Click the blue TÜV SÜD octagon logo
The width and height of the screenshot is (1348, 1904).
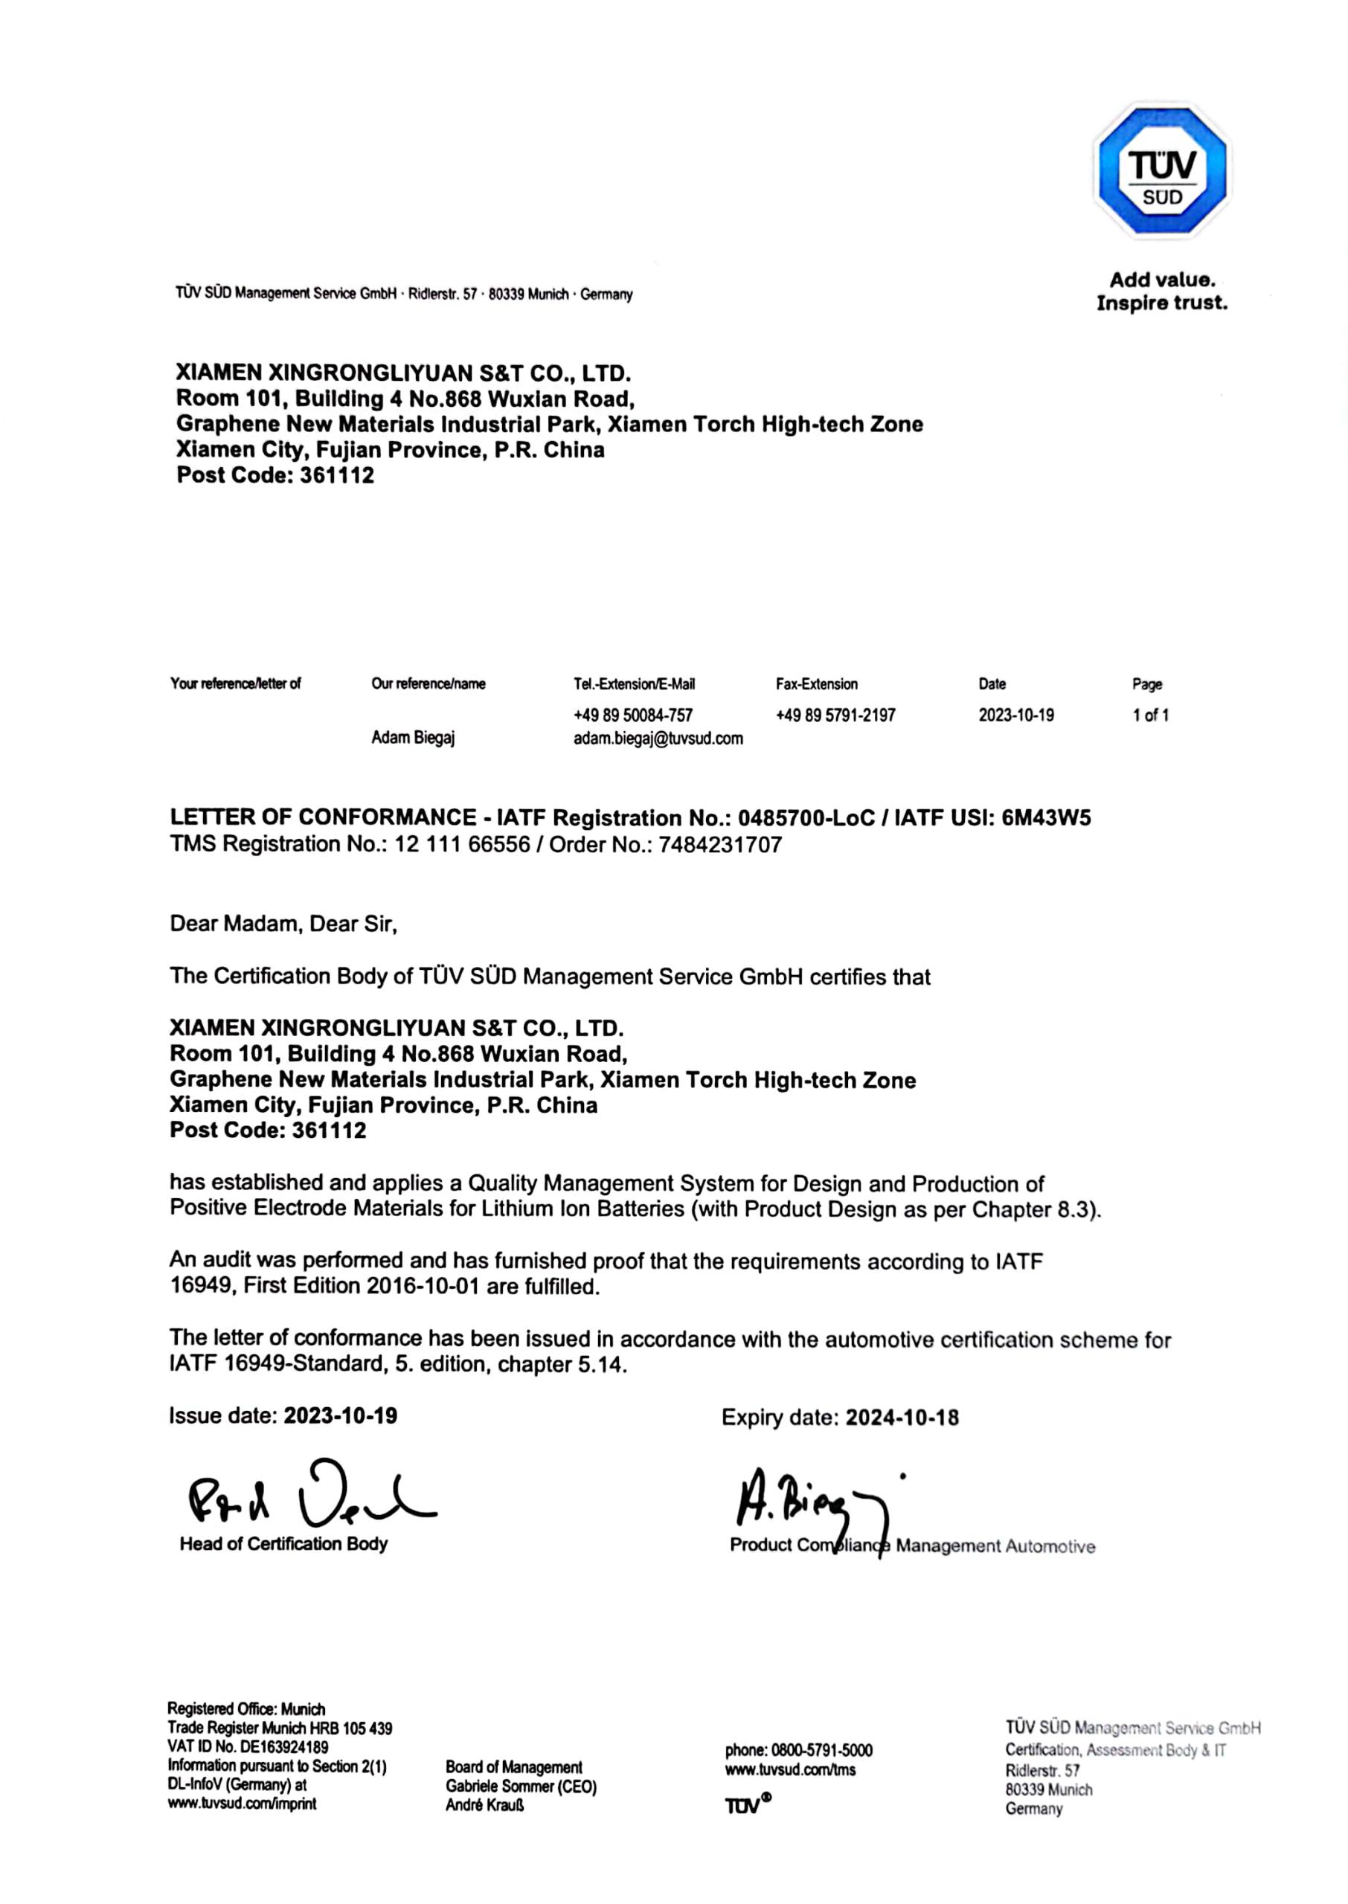[x=1161, y=170]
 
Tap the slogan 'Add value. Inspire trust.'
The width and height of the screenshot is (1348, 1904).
[x=1161, y=292]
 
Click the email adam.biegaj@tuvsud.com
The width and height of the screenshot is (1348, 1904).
[x=658, y=739]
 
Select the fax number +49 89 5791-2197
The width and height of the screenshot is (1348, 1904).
[x=835, y=715]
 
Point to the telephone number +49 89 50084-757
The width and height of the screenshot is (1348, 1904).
[x=632, y=715]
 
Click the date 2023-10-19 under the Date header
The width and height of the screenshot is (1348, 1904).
[x=1015, y=715]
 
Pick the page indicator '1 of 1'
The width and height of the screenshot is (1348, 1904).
[x=1150, y=715]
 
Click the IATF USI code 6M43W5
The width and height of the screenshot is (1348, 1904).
[x=1046, y=818]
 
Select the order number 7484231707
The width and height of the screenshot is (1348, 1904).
[x=719, y=845]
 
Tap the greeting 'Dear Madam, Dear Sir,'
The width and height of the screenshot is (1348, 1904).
[x=283, y=924]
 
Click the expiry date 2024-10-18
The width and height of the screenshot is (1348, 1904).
[x=902, y=1418]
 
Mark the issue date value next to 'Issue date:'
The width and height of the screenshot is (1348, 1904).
[x=340, y=1415]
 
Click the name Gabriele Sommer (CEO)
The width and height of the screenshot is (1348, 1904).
[x=521, y=1786]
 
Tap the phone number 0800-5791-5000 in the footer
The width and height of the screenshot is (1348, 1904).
[x=822, y=1751]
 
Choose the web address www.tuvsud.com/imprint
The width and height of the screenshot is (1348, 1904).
[x=242, y=1804]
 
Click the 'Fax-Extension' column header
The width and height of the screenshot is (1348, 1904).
[x=816, y=684]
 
